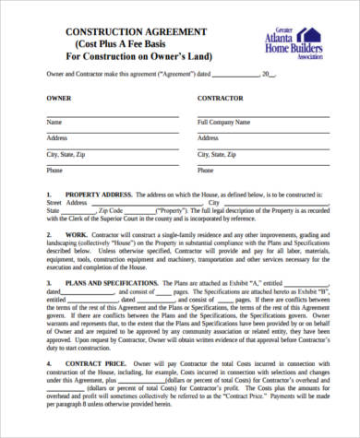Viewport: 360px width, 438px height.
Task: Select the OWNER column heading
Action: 58,96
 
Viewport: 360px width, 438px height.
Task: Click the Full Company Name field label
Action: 222,122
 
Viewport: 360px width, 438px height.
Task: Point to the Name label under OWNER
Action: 54,122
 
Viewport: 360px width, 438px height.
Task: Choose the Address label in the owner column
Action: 57,138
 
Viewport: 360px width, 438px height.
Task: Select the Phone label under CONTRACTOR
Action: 207,171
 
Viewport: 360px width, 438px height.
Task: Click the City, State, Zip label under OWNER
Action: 66,154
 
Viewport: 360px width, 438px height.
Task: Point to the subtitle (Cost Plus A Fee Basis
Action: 128,44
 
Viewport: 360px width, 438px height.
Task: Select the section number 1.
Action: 49,195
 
